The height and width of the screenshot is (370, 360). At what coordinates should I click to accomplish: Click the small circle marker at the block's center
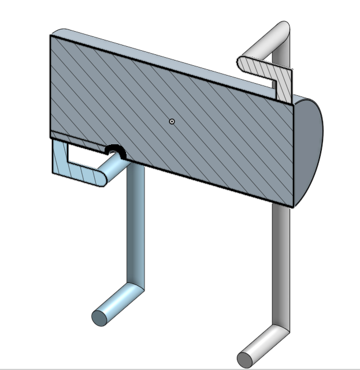(x=172, y=121)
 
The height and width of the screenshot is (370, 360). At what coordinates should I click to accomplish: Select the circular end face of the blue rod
(x=99, y=317)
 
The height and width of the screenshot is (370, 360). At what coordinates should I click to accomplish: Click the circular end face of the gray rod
(x=245, y=359)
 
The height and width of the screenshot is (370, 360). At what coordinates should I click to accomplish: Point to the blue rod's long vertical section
(x=136, y=225)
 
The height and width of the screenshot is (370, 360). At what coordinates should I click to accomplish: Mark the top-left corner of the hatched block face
(x=51, y=36)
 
